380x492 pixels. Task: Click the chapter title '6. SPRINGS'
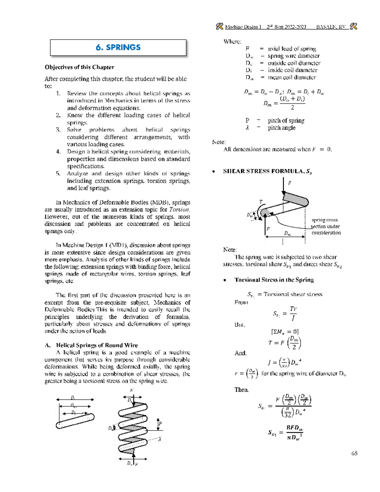[x=118, y=48]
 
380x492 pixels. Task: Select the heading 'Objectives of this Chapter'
[x=79, y=67]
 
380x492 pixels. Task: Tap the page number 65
[x=354, y=453]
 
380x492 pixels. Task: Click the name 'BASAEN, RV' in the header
[x=331, y=27]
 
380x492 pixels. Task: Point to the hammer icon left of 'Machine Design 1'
[x=219, y=27]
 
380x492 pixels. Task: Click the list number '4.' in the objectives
[x=58, y=152]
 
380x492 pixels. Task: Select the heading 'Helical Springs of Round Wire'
[x=97, y=345]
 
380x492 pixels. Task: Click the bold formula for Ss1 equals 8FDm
[x=285, y=432]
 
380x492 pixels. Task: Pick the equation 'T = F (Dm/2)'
[x=285, y=343]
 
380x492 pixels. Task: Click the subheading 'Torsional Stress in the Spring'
[x=274, y=280]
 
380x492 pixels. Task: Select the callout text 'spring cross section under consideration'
[x=326, y=226]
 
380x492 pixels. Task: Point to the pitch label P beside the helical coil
[x=160, y=424]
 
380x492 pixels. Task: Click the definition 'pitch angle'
[x=282, y=128]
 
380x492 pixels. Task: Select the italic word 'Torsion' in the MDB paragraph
[x=180, y=209]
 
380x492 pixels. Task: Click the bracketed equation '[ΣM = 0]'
[x=285, y=332]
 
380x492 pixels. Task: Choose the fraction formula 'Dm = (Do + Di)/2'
[x=284, y=103]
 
